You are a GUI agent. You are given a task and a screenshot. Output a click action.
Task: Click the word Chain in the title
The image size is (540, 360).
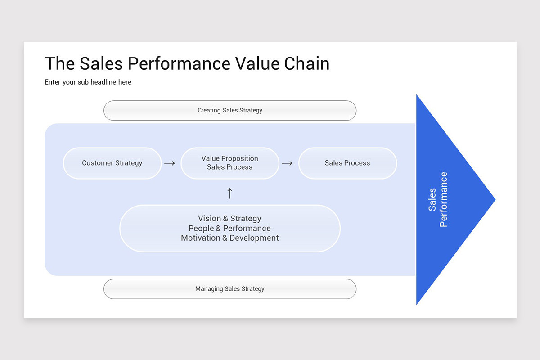(306, 63)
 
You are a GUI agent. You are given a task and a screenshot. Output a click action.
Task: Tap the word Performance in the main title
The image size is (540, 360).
(179, 63)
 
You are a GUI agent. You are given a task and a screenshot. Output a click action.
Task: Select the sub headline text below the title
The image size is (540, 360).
(88, 82)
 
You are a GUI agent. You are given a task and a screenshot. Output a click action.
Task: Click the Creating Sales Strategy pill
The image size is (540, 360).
(230, 110)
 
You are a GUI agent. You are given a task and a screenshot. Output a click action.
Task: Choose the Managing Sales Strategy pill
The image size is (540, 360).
(230, 289)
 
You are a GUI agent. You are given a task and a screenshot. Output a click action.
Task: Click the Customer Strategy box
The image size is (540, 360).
(112, 163)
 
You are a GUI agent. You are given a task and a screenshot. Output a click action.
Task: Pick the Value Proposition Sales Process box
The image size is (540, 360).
(230, 163)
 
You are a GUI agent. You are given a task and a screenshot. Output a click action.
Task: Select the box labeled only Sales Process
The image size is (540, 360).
(347, 163)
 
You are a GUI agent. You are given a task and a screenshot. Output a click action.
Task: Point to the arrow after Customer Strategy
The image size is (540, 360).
(170, 163)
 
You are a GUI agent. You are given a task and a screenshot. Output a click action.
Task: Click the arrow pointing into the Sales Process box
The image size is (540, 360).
(288, 163)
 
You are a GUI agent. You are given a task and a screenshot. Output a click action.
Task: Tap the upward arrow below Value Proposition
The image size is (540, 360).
(230, 193)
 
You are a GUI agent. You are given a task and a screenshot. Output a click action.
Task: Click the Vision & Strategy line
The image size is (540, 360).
(229, 218)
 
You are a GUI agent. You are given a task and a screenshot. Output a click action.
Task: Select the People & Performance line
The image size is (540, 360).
(229, 228)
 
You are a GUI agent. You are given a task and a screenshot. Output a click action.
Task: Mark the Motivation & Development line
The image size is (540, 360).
(230, 238)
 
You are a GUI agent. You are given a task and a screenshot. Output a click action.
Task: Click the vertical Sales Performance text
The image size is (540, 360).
(438, 199)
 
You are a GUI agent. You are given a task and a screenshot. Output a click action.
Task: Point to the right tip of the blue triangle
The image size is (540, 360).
(495, 199)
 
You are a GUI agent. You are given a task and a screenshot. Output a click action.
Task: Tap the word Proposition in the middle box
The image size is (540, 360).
(239, 158)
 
